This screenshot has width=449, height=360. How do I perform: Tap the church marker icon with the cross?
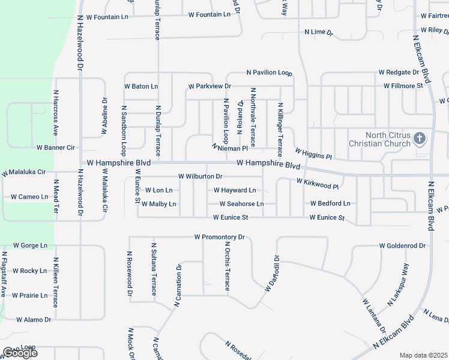pos(419,139)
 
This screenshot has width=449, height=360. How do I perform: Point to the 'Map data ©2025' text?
pos(424,355)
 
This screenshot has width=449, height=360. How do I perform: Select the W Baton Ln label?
pos(141,86)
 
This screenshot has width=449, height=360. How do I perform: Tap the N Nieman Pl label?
pos(231,147)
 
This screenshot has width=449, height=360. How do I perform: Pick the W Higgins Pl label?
pos(313,154)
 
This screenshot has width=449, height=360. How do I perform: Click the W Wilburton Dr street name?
pos(200,176)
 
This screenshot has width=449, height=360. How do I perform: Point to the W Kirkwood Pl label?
pos(318,183)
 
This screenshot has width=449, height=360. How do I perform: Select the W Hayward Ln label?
pos(235,190)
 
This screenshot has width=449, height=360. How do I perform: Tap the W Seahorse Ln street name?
pos(237,204)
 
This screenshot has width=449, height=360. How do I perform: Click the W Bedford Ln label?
pos(330,204)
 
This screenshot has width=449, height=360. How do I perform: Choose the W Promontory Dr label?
pos(220,237)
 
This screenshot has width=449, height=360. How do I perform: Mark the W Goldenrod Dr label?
pos(402,246)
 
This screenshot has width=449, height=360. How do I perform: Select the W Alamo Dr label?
pos(34,320)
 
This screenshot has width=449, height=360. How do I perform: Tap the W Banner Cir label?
pos(56,147)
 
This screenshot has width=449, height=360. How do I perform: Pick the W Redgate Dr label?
pos(398,72)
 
